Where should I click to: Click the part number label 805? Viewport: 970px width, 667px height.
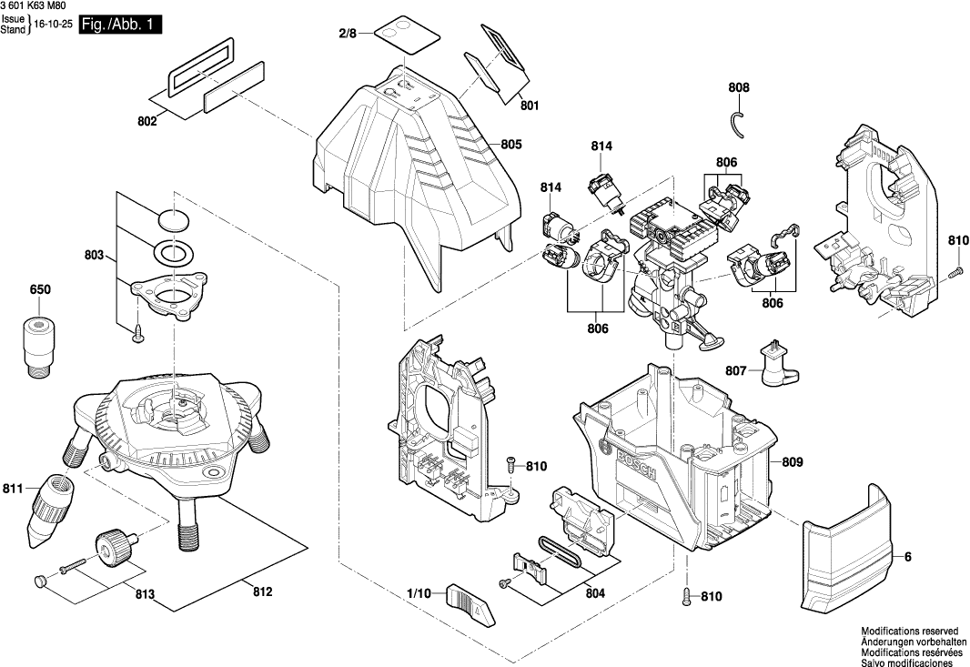tap(511, 144)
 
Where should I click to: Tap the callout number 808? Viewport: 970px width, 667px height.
tap(739, 88)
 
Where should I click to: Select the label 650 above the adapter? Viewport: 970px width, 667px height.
tap(40, 289)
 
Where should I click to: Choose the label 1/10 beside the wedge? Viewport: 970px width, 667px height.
tap(419, 593)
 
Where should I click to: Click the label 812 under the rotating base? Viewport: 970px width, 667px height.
tap(262, 592)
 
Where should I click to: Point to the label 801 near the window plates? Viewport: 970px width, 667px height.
tap(530, 106)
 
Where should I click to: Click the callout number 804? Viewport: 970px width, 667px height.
tap(595, 592)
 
